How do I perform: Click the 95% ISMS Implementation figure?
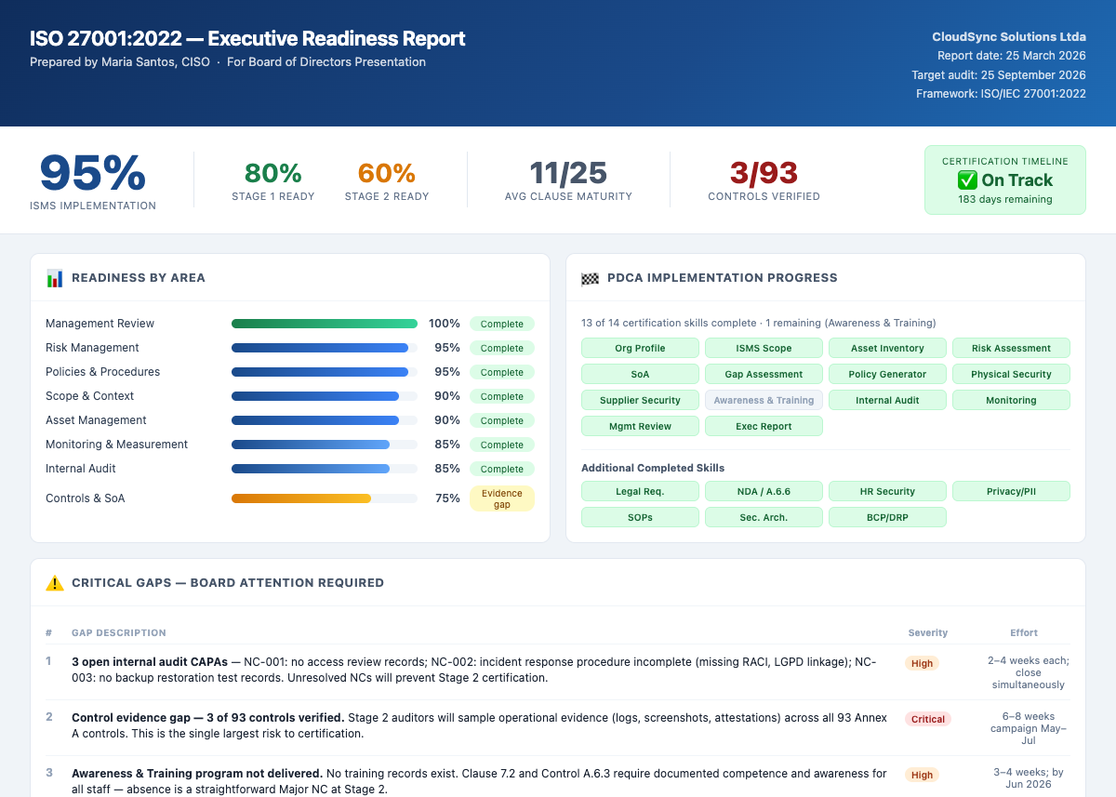(93, 174)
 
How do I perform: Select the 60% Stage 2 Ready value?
(386, 174)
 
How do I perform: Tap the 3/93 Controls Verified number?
(764, 174)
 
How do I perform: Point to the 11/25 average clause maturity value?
(568, 174)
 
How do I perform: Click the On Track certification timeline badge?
(1004, 180)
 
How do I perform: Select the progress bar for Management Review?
(324, 324)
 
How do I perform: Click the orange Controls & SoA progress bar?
(301, 498)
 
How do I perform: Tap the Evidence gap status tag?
(502, 498)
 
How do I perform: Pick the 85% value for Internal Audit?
(447, 469)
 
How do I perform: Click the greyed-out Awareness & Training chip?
(764, 400)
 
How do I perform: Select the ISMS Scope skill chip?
(764, 348)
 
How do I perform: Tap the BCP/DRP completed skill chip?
(887, 517)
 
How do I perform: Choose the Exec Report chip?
(764, 426)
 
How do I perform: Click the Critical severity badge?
(927, 719)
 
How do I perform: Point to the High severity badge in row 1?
(922, 663)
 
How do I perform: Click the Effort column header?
(1023, 632)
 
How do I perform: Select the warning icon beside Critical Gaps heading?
(55, 583)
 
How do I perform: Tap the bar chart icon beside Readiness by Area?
(55, 278)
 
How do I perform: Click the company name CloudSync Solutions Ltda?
(1009, 37)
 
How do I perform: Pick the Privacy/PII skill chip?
(1011, 491)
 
